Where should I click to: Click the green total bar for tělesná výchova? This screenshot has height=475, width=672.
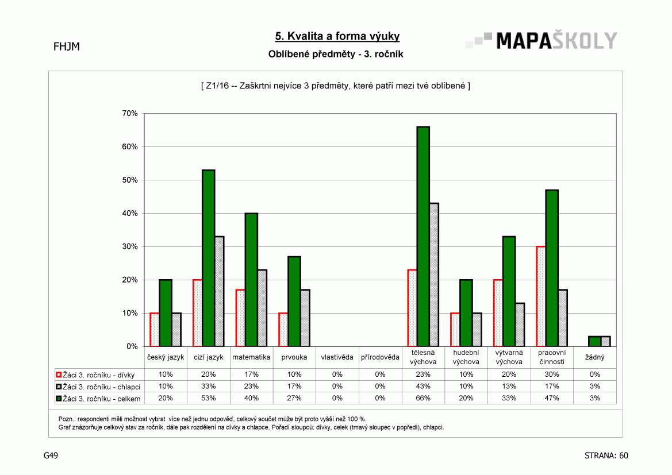tap(423, 237)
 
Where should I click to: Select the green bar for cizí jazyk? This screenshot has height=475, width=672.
tap(208, 258)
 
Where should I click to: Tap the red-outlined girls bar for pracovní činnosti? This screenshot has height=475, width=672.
tap(541, 296)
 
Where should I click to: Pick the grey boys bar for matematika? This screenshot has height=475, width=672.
tap(262, 308)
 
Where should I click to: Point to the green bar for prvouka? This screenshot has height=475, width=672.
tap(294, 302)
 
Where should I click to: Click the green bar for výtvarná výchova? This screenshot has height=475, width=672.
tap(509, 291)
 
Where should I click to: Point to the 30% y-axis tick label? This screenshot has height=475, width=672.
tap(129, 247)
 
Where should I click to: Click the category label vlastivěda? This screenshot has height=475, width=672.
tap(337, 357)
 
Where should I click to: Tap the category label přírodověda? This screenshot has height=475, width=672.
tap(380, 357)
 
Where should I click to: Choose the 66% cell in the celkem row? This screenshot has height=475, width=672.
tap(423, 398)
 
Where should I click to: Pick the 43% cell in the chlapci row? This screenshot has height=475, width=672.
tap(423, 386)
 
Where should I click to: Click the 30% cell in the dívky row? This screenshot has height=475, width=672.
tap(552, 374)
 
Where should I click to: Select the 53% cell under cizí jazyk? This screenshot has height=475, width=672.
tap(208, 398)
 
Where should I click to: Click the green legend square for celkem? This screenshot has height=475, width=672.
tap(59, 399)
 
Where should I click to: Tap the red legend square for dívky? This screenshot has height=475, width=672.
tap(59, 374)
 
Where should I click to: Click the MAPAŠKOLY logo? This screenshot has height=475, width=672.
tap(542, 41)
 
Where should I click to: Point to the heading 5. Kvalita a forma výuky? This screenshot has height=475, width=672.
tap(337, 36)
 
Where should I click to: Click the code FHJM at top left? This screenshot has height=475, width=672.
tap(67, 47)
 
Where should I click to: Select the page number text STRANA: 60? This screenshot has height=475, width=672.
tap(606, 455)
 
